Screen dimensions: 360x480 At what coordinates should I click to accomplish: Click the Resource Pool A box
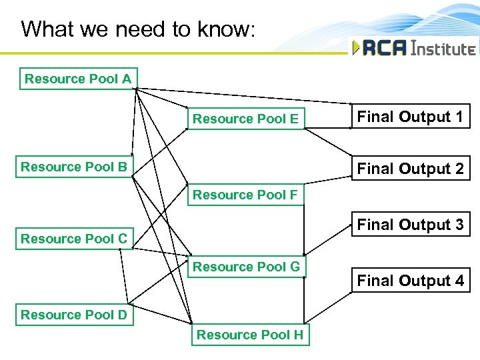78,79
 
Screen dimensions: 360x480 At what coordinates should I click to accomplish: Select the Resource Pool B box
74,167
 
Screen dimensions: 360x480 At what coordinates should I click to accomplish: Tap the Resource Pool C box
74,239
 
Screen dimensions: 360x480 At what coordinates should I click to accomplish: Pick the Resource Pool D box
74,315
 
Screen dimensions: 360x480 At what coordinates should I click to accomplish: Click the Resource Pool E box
245,119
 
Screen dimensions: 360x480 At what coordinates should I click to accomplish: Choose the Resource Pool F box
245,195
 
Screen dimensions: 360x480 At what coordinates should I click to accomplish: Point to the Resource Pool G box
246,267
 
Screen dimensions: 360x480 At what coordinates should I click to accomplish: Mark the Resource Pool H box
249,335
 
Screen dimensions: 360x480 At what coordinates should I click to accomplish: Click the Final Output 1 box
410,117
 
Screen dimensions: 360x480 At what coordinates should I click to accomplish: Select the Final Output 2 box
410,169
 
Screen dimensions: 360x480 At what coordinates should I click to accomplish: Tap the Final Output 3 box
410,225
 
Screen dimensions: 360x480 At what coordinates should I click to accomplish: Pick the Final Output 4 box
410,281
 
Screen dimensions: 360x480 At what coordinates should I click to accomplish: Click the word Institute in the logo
443,48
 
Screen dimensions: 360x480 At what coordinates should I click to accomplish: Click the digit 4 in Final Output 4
459,281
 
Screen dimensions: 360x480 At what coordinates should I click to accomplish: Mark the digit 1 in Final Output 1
459,117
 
